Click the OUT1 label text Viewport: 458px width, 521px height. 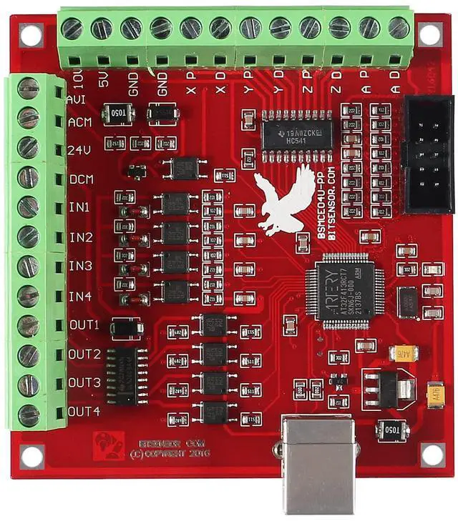[x=84, y=325]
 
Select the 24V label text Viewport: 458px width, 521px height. [x=79, y=151]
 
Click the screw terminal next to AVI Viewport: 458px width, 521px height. [x=29, y=89]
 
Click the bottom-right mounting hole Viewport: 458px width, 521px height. [x=432, y=454]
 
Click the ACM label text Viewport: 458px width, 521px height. [x=79, y=122]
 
